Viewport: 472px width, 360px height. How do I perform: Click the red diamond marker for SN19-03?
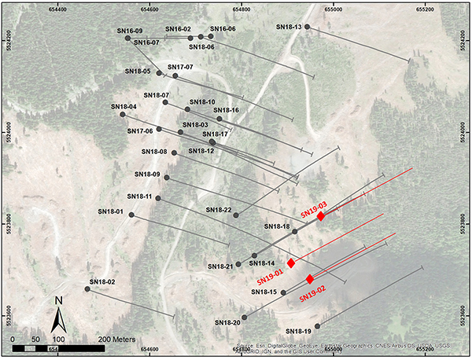tap(321, 215)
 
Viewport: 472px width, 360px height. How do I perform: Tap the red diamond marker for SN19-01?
tap(291, 263)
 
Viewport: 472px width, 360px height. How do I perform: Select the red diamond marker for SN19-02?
tap(310, 279)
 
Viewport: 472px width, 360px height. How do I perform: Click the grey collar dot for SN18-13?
tap(308, 27)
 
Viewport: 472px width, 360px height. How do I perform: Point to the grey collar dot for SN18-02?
tap(87, 288)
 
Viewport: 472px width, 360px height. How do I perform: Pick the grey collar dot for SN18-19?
tap(318, 325)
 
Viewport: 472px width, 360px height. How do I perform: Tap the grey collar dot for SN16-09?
tap(128, 38)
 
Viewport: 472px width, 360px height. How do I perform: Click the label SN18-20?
tap(227, 322)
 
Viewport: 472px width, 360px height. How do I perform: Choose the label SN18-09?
tap(147, 174)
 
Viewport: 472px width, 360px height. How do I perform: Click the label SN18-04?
tap(124, 106)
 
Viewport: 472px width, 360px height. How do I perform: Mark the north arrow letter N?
tap(58, 299)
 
